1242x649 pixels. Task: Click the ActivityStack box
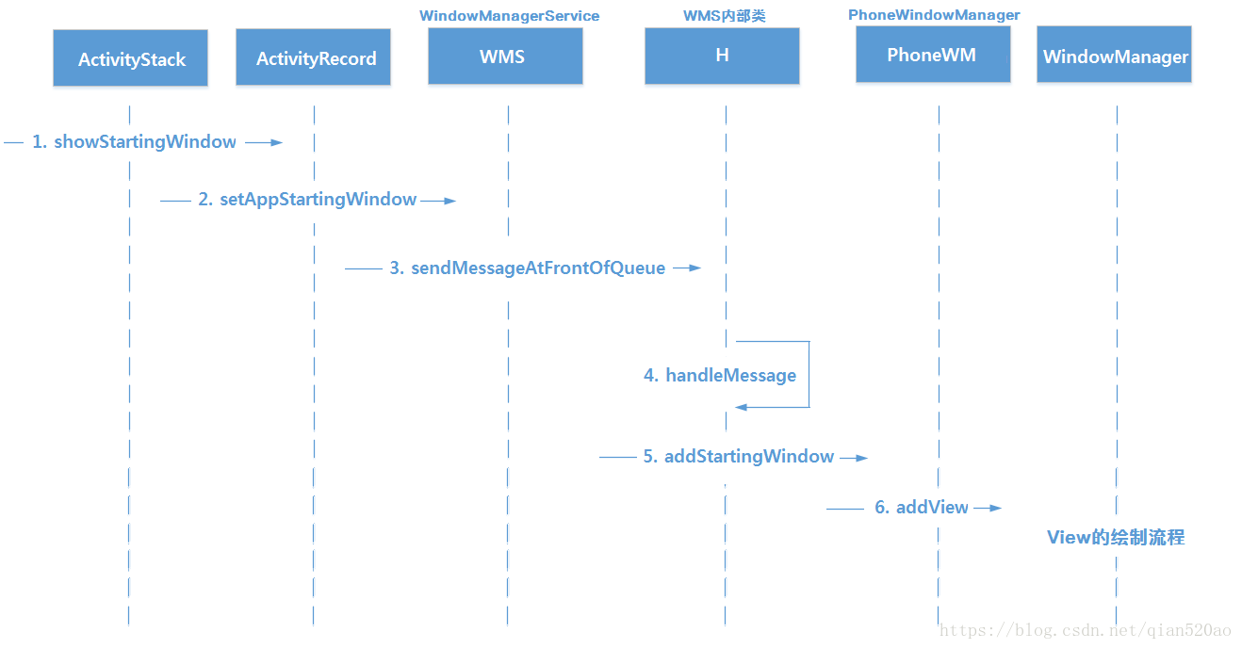coord(130,58)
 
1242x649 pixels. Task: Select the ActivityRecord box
coord(313,57)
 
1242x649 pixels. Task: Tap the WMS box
coord(505,56)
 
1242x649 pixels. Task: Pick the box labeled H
coord(722,56)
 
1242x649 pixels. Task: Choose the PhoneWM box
coord(933,55)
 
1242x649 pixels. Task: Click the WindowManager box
coord(1115,55)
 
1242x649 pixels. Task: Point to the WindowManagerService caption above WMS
coord(509,15)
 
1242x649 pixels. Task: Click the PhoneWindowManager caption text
coord(934,15)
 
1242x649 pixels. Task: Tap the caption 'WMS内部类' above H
coord(724,15)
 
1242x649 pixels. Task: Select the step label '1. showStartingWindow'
coord(134,142)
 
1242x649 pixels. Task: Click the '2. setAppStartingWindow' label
coord(307,200)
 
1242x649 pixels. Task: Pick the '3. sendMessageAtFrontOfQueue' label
coord(528,268)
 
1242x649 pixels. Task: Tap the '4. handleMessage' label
coord(720,375)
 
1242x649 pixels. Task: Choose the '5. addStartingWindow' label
coord(739,456)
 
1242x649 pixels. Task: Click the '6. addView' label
coord(922,507)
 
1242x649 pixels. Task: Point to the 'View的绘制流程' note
coord(1116,537)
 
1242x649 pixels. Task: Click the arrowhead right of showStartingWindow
coord(276,142)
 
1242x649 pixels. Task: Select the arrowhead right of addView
coord(995,508)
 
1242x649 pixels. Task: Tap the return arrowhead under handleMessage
coord(742,407)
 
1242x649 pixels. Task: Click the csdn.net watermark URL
coord(1085,631)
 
